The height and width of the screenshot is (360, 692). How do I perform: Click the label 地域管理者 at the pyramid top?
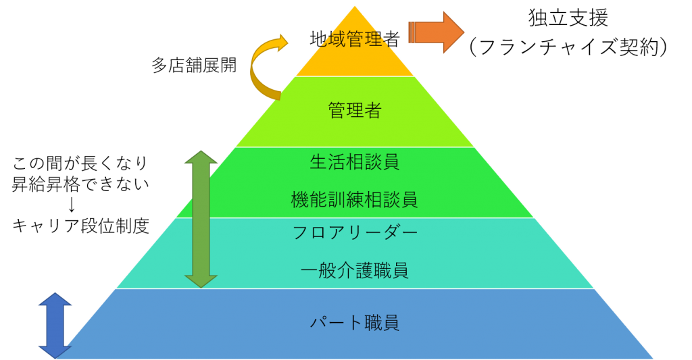coord(355,38)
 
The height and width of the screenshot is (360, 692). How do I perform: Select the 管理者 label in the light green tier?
coord(355,110)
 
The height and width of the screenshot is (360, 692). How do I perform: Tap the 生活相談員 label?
coord(355,162)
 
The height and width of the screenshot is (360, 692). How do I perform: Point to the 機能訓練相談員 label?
coord(355,199)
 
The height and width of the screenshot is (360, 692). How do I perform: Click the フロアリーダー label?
coord(355,232)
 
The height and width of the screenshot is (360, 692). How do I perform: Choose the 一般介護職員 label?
coord(355,270)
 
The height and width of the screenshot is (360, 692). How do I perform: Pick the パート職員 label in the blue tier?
coord(355,322)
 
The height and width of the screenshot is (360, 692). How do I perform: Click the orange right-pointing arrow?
coord(437,32)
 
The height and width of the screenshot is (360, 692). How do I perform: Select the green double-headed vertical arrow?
coord(201,220)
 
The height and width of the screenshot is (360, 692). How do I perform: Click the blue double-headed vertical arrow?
coord(55,326)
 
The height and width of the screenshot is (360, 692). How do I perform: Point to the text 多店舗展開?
coord(194,65)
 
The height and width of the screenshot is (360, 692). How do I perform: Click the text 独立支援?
coord(568,18)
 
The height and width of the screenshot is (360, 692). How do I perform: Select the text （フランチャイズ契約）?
coord(568,47)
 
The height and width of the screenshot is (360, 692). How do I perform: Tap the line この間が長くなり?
coord(80,163)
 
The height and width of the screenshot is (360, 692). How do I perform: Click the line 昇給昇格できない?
coord(80,184)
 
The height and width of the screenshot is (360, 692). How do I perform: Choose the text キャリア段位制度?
coord(80,226)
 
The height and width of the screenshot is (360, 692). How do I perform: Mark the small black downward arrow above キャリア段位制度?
coord(72,205)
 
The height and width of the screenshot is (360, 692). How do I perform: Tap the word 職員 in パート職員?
coord(382,322)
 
